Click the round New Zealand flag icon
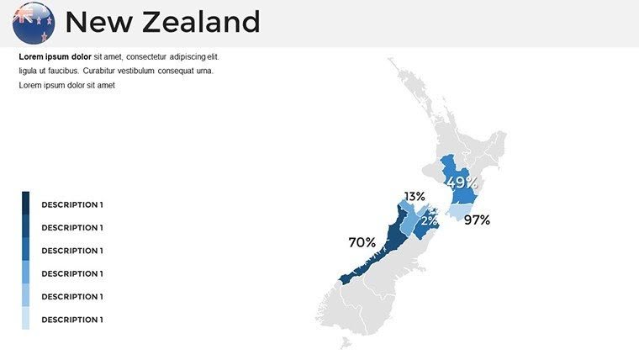click(34, 22)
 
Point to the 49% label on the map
click(462, 183)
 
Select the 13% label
click(415, 197)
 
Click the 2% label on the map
click(429, 221)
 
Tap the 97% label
click(477, 220)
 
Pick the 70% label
click(362, 242)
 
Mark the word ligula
click(29, 71)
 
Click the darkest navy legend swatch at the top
click(25, 203)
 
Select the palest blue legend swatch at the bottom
click(25, 318)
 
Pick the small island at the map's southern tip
click(344, 342)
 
